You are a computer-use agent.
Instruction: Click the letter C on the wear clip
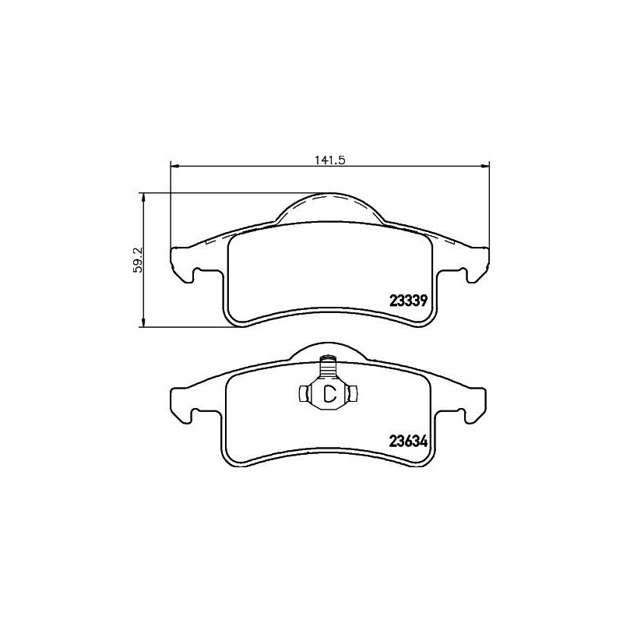coord(329,393)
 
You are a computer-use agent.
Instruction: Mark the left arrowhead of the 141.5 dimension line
coord(174,165)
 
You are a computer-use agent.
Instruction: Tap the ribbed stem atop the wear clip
coord(329,366)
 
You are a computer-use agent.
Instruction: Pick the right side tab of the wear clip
coord(354,394)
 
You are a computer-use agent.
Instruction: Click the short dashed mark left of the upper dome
coord(209,242)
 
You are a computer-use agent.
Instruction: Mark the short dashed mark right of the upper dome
coord(449,242)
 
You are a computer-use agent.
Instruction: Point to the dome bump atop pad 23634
coord(329,350)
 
